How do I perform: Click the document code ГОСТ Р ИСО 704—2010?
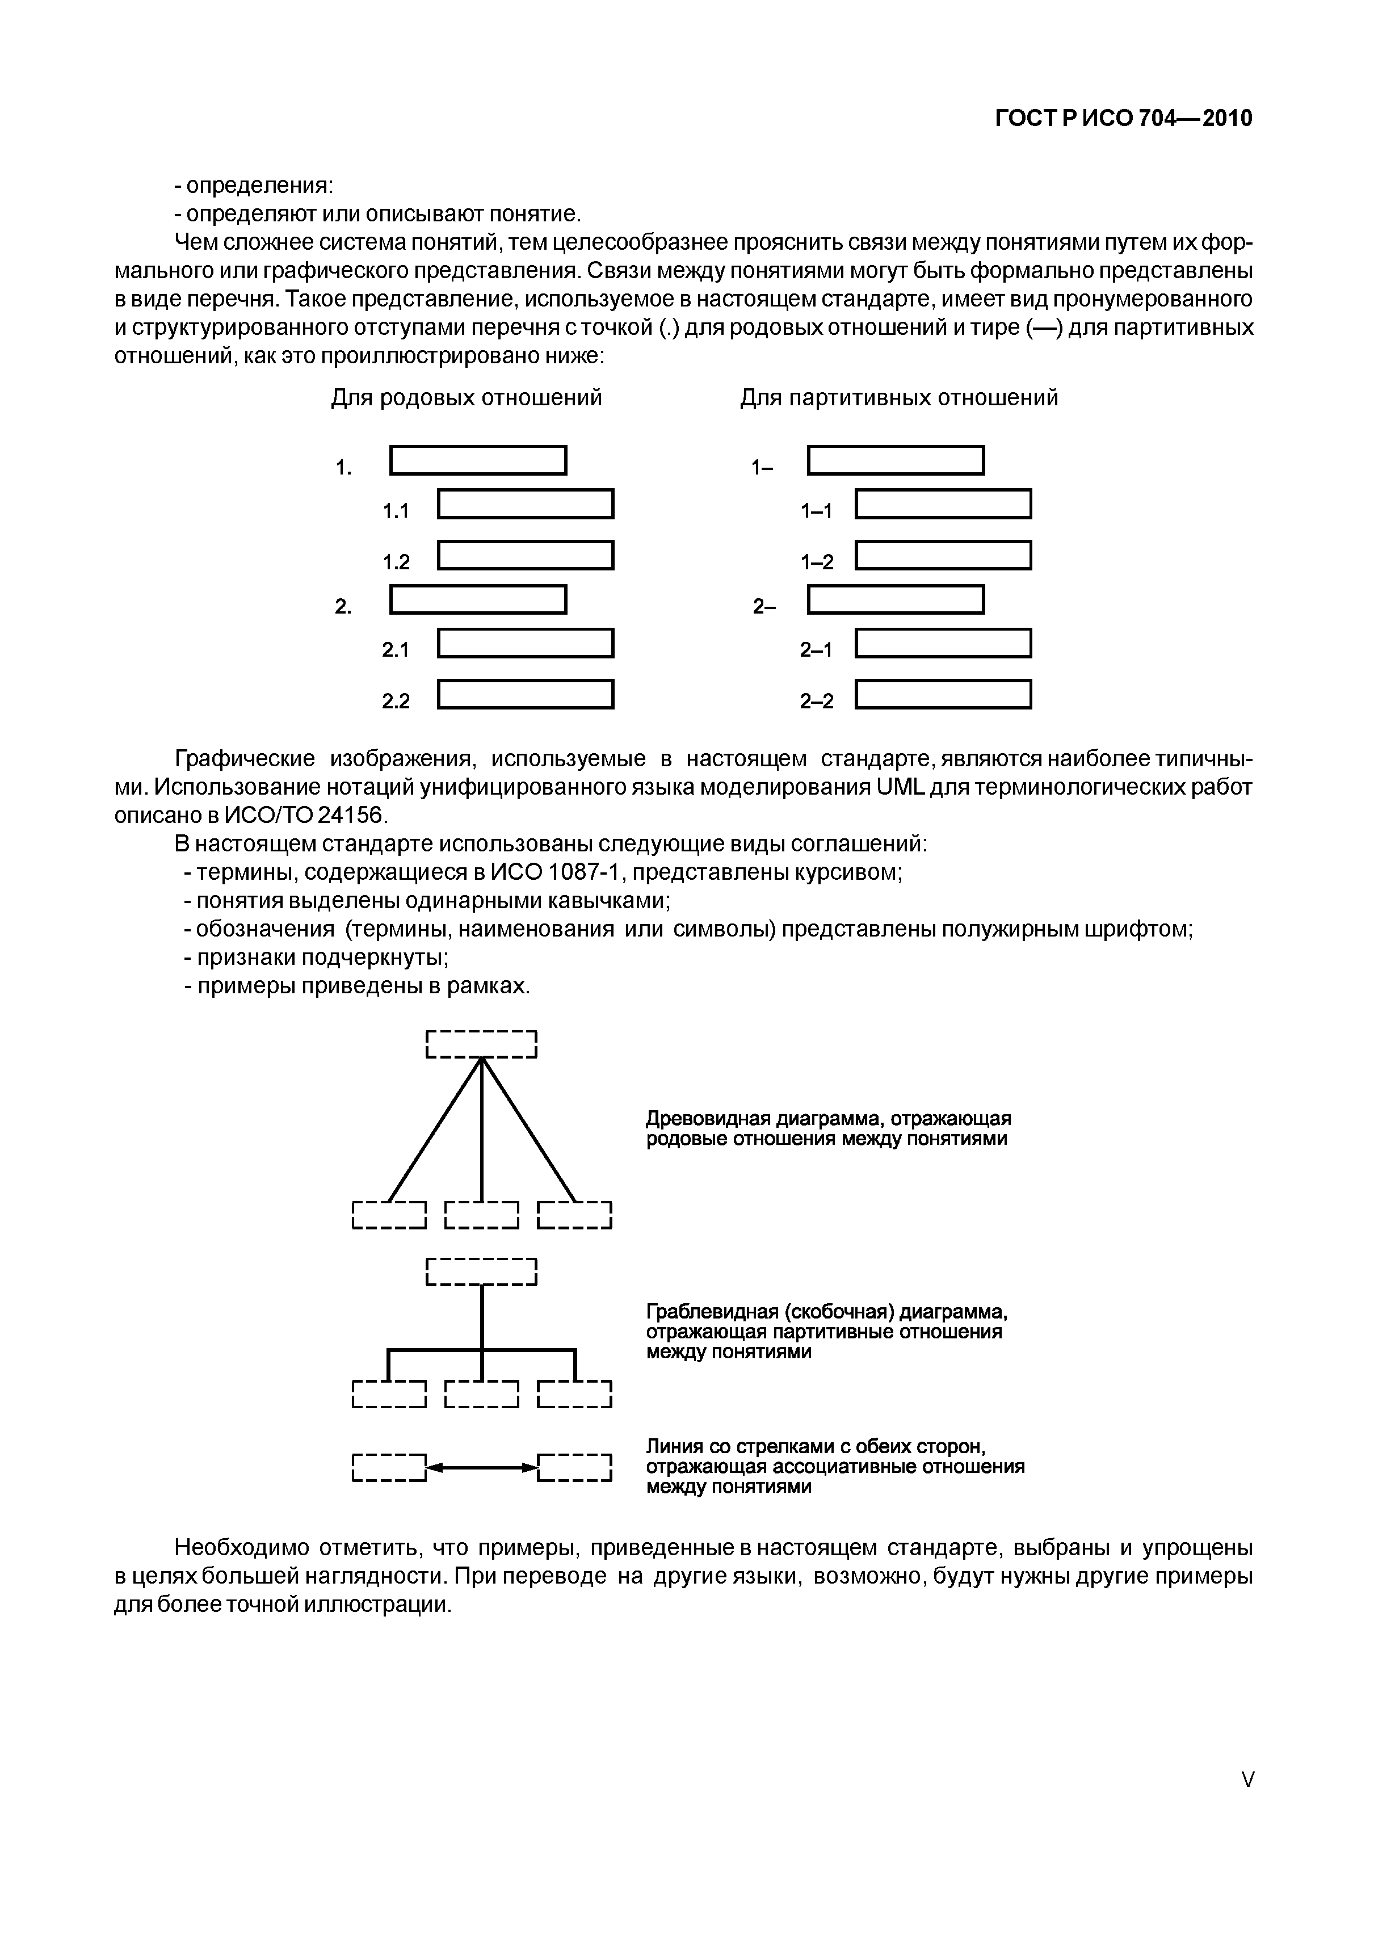click(x=1123, y=119)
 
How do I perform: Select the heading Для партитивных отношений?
click(x=898, y=397)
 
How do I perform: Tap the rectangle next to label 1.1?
click(x=525, y=504)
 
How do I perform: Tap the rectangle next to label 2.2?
click(x=525, y=694)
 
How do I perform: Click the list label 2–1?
click(x=816, y=649)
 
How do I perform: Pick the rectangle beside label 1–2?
click(x=943, y=556)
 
